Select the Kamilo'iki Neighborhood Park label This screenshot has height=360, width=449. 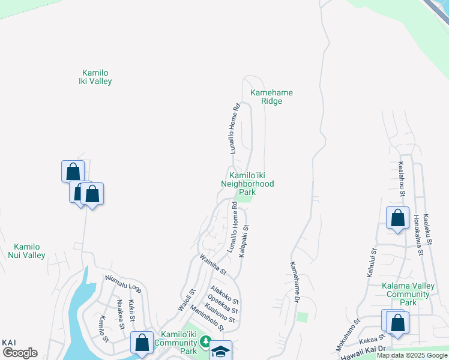[x=247, y=179]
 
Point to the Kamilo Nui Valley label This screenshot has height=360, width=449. [x=26, y=251]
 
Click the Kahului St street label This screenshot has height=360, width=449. [x=371, y=262]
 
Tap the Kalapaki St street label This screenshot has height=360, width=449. [x=244, y=242]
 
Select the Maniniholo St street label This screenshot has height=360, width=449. [x=206, y=318]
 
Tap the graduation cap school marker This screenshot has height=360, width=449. [x=220, y=352]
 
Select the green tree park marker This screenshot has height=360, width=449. [x=205, y=342]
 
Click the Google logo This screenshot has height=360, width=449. [x=20, y=353]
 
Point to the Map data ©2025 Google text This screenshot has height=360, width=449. [x=412, y=355]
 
